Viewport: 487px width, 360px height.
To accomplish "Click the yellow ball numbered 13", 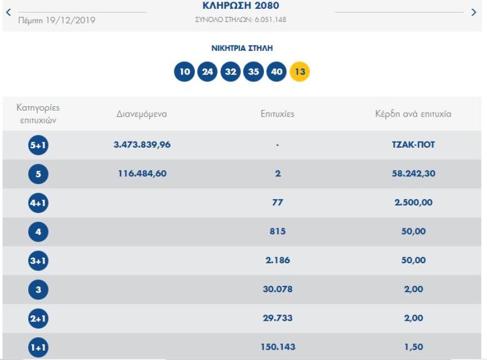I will (300, 72).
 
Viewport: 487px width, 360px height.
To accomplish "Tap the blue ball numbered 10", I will (184, 72).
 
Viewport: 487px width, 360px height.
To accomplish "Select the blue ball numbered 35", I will (253, 72).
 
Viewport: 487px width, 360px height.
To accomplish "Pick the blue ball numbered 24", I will (208, 72).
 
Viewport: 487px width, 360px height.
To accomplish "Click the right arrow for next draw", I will (473, 12).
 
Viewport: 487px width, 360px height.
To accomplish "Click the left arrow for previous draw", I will (8, 12).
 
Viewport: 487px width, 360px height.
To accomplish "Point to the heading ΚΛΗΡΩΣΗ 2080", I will (241, 7).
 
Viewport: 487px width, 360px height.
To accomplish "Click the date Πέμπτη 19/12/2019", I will (56, 20).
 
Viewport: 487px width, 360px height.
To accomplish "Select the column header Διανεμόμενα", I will (142, 114).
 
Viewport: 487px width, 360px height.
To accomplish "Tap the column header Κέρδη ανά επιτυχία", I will (413, 114).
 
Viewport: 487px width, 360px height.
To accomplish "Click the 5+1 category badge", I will (38, 145).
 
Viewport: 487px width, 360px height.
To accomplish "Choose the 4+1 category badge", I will (38, 203).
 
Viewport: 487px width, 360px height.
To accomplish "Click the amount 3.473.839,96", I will (142, 145).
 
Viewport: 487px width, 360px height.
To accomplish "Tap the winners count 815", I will (277, 231).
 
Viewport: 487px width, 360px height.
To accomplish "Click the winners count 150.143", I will (277, 347).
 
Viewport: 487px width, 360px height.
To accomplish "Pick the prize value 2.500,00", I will (413, 202).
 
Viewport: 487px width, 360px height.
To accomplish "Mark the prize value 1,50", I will (413, 347).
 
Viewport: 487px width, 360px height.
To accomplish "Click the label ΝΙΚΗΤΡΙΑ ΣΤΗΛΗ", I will (242, 49).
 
